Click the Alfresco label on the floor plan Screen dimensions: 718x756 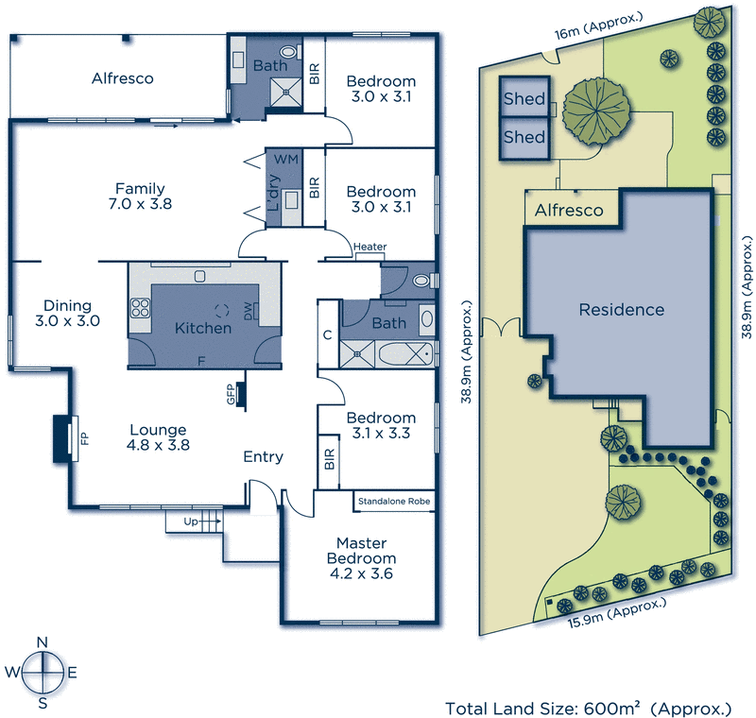tap(122, 78)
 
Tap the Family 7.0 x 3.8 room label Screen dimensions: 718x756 tap(140, 196)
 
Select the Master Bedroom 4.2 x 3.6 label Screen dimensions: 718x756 tap(360, 557)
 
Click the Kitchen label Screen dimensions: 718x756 tap(203, 328)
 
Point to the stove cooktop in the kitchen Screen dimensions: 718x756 tap(142, 307)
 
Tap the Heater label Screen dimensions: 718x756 tap(369, 248)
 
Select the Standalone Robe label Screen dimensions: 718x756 tap(394, 501)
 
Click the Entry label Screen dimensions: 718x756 tap(263, 456)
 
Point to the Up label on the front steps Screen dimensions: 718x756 tap(190, 521)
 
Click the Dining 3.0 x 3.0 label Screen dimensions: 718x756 tap(67, 313)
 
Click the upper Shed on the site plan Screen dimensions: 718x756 tap(524, 99)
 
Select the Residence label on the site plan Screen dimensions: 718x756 tap(621, 309)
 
